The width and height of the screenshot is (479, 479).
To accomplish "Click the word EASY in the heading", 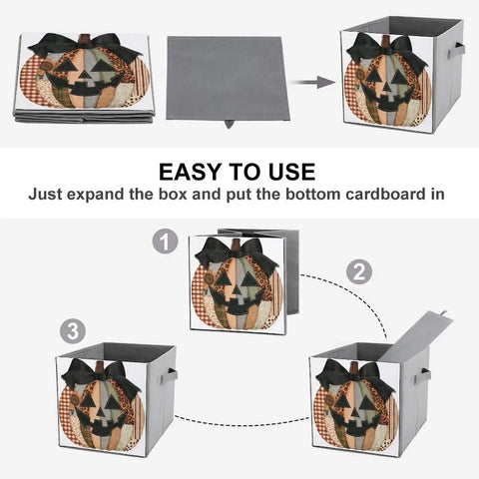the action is click(191, 172).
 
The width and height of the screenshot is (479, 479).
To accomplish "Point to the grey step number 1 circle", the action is click(165, 242).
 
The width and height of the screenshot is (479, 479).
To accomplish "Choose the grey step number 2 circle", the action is click(359, 272).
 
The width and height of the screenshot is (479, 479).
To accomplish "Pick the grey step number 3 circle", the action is click(73, 332).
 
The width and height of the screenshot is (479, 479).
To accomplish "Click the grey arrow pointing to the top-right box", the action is click(313, 82).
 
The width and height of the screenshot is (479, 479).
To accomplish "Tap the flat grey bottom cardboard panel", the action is click(228, 78).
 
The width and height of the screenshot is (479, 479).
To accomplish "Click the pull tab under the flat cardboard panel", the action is click(229, 125).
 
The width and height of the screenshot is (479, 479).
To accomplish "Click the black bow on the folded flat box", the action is click(85, 46).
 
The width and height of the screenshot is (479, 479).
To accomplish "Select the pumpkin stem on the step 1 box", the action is click(237, 245).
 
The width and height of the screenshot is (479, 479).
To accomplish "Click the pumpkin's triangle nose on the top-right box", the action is click(387, 88).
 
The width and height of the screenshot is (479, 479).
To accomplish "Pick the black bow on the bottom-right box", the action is click(354, 376).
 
